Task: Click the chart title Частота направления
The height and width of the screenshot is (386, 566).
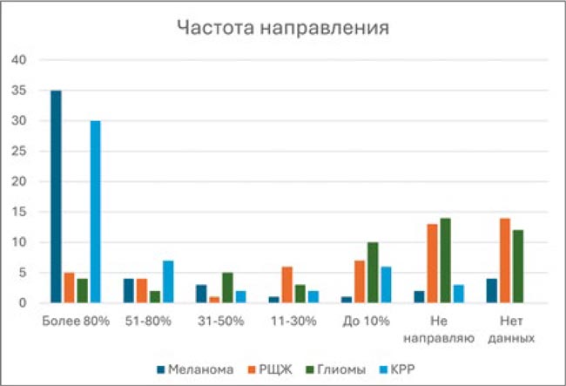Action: [283, 27]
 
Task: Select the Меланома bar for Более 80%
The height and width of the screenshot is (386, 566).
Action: [56, 197]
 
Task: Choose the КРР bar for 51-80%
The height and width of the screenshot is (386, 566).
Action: [167, 281]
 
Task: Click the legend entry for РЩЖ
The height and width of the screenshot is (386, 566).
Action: [273, 369]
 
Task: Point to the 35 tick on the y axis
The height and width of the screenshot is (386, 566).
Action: [22, 91]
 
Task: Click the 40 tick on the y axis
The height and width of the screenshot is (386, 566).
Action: [22, 60]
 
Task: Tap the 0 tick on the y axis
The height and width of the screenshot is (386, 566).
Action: [25, 303]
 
